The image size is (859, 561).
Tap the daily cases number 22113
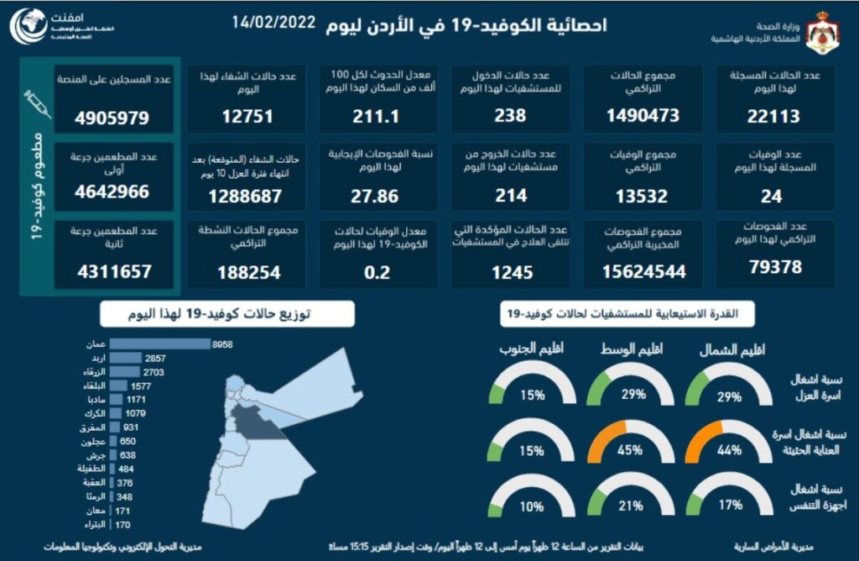point(773,117)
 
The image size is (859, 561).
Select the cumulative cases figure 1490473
point(643,117)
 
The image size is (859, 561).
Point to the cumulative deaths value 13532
point(642,197)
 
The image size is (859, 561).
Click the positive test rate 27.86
point(379,197)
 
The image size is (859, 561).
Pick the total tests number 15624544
point(643,272)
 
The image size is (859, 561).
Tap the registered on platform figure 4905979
point(113,118)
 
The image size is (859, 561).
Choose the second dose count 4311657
point(113,272)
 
